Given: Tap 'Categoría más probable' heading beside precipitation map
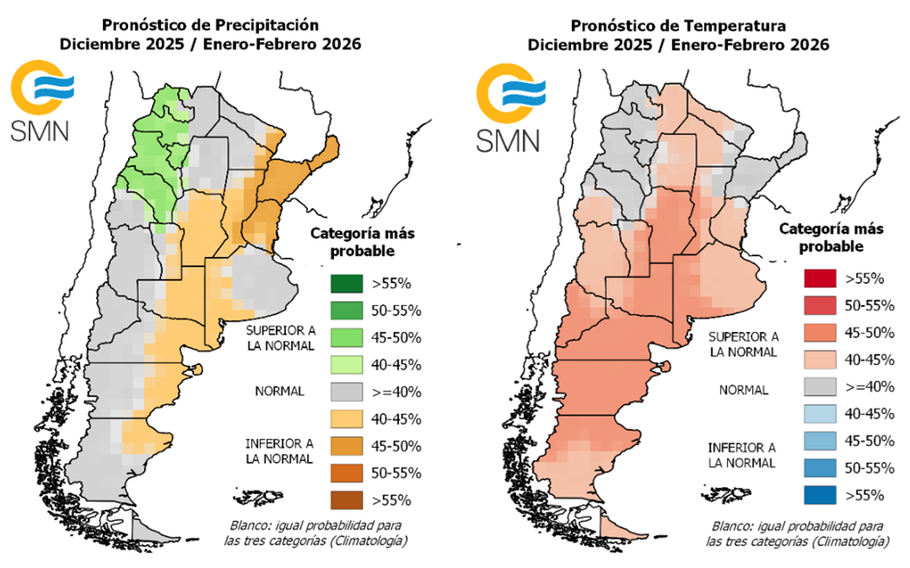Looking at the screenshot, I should pyautogui.click(x=351, y=242).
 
